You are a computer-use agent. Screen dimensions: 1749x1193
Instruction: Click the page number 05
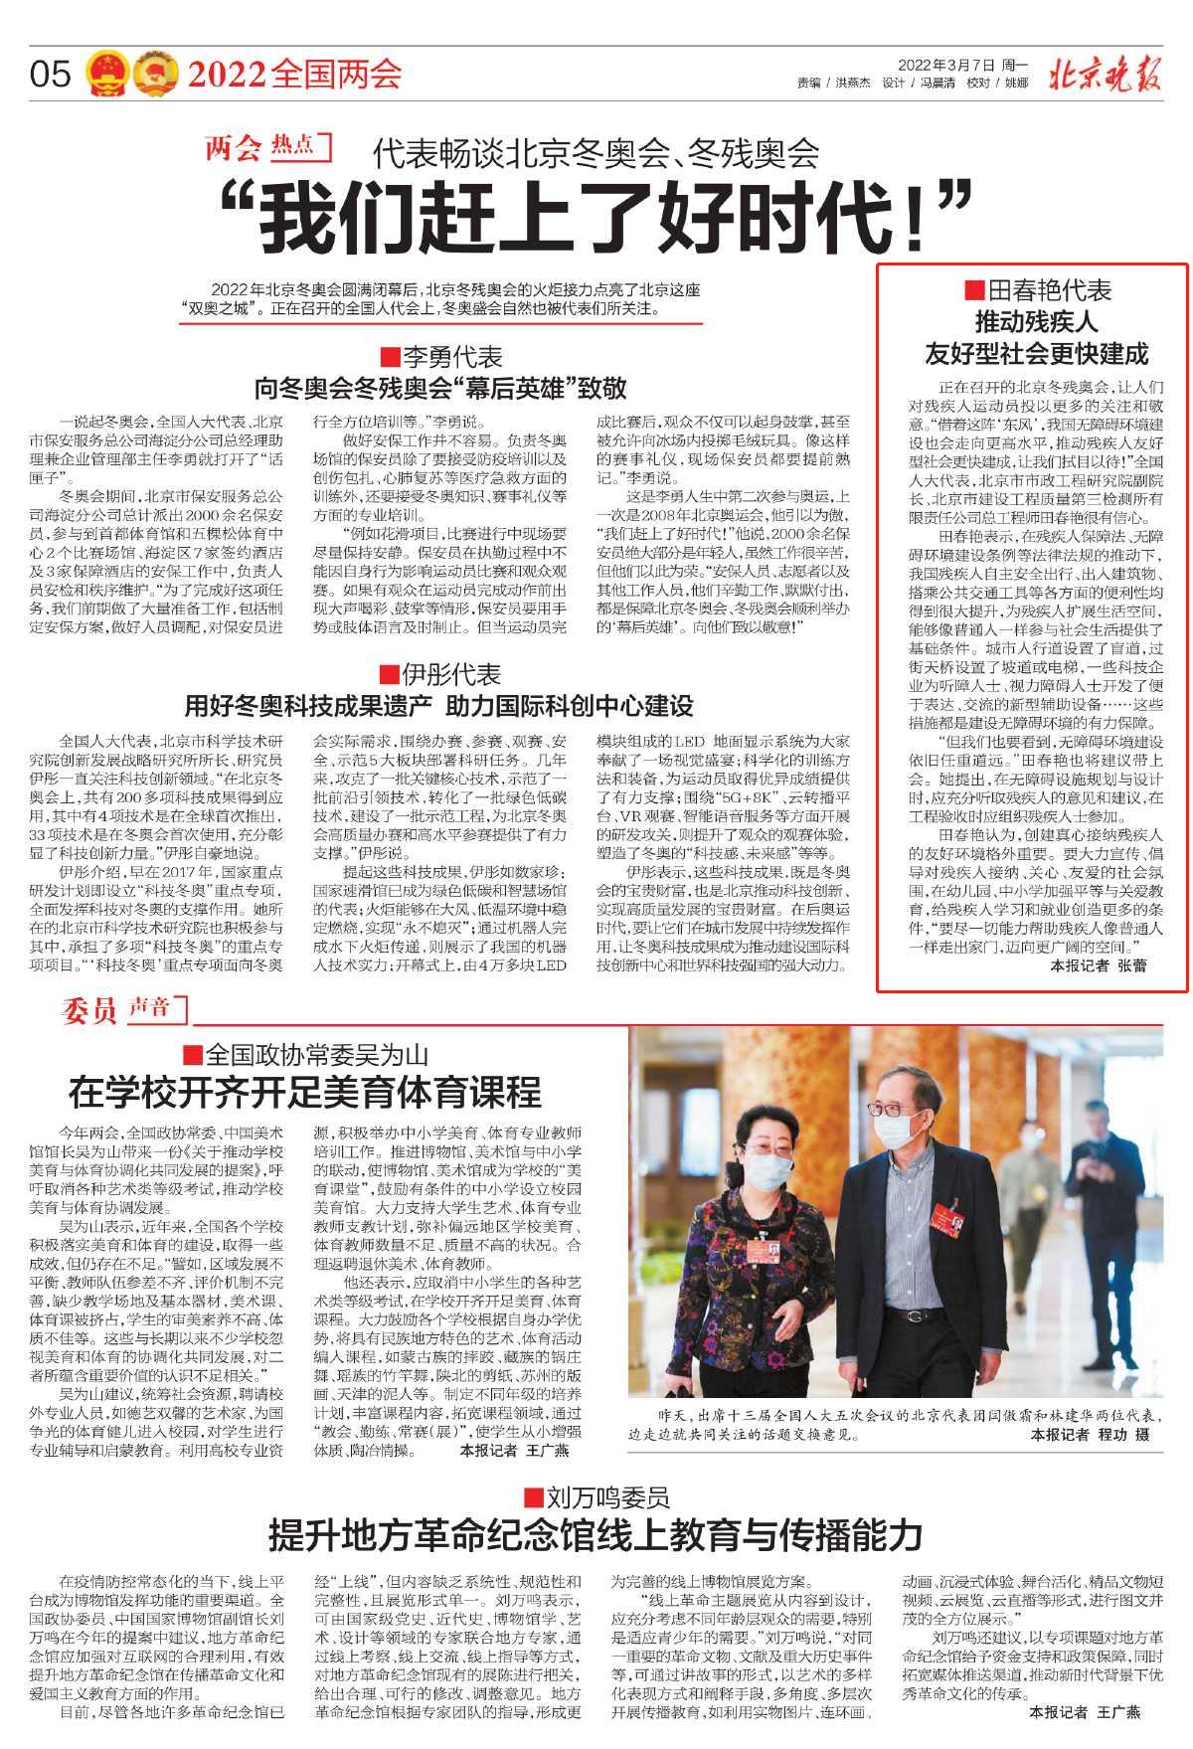point(51,74)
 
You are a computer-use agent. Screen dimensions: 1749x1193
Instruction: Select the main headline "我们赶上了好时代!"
point(594,218)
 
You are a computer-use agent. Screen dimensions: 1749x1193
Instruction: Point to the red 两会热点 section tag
point(267,148)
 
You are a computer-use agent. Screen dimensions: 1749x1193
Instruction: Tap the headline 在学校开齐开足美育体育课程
point(304,1093)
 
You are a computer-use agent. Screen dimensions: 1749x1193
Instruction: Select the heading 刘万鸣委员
point(596,1497)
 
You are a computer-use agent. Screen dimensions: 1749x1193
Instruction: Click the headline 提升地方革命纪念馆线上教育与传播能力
point(596,1535)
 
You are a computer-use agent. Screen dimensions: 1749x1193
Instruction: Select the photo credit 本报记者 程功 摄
point(1090,1435)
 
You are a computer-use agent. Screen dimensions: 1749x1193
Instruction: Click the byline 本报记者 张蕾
point(1098,965)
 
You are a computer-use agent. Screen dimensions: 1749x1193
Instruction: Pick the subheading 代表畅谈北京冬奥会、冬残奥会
point(596,154)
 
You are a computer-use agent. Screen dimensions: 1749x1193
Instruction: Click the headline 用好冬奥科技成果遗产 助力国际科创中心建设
point(438,707)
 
